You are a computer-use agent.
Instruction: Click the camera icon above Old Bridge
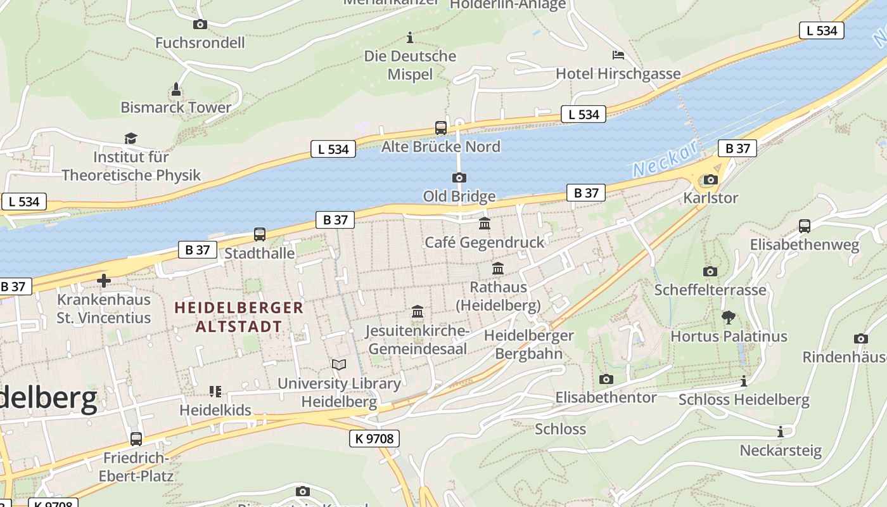click(x=459, y=178)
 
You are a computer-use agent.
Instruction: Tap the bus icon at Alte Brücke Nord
click(x=441, y=128)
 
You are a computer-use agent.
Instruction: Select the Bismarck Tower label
click(x=176, y=107)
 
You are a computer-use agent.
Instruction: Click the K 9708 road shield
click(x=374, y=438)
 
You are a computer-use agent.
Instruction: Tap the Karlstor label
click(x=710, y=198)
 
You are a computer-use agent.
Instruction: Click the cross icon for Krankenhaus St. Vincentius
click(x=104, y=280)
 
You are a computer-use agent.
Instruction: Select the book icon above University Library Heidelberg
click(x=340, y=365)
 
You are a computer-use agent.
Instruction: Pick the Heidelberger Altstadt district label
click(x=239, y=318)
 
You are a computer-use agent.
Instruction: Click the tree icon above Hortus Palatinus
click(x=729, y=317)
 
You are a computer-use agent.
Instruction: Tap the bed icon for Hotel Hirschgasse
click(x=618, y=55)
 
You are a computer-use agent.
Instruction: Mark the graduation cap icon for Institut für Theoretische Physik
click(x=131, y=138)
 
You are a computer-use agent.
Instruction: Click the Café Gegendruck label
click(x=485, y=242)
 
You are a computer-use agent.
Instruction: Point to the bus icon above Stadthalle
click(x=260, y=234)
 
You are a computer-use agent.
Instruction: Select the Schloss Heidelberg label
click(x=744, y=400)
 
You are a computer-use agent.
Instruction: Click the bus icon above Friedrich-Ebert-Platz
click(x=136, y=439)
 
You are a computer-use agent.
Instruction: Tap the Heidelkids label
click(x=215, y=410)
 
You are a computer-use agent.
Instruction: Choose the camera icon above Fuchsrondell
click(x=200, y=25)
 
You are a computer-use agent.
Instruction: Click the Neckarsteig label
click(x=781, y=451)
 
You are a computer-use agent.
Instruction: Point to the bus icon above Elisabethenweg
click(x=805, y=226)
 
